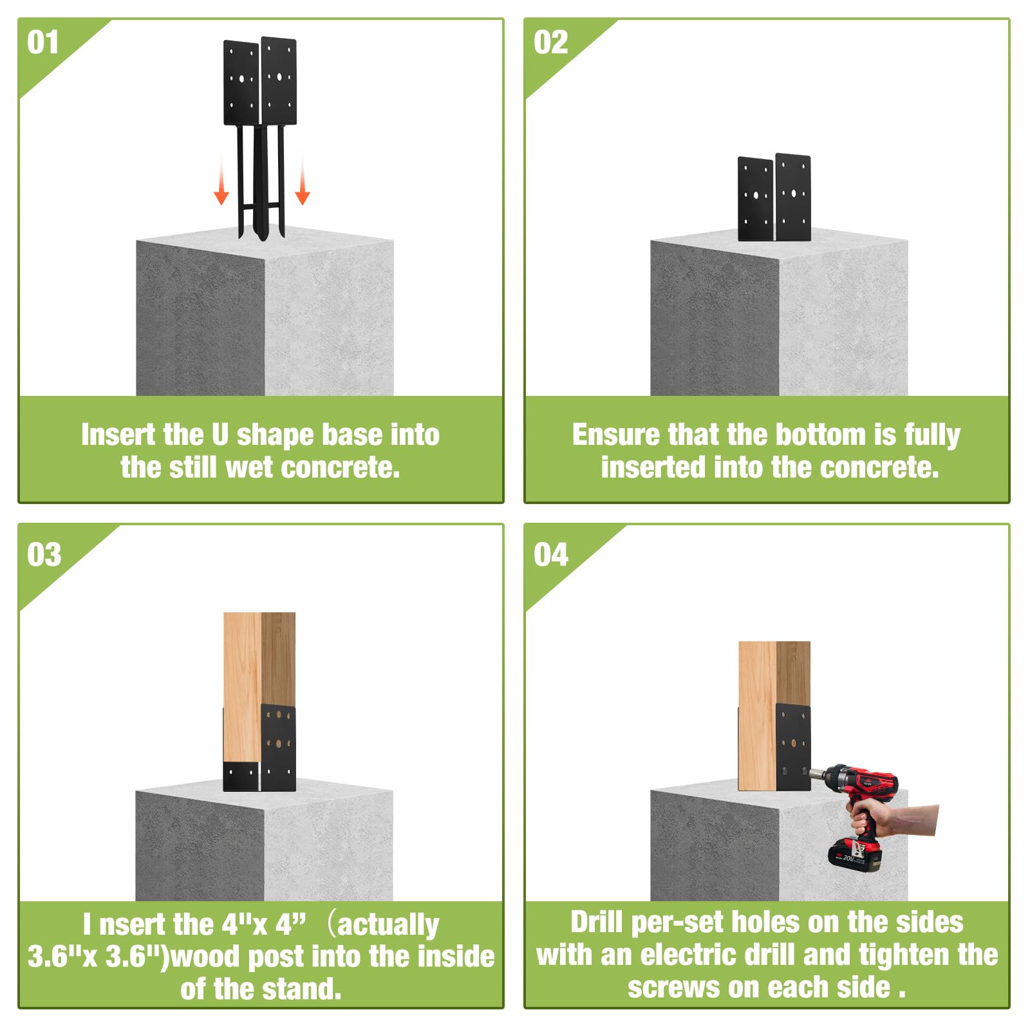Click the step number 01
43,42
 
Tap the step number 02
550,42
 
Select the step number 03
44,554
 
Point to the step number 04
550,554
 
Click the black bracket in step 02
774,198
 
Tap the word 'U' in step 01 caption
220,435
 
